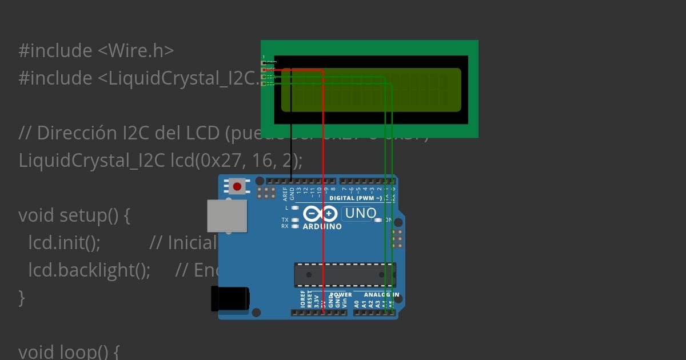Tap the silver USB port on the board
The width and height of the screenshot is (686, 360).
tap(227, 216)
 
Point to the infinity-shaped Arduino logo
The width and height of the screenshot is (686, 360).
tap(320, 214)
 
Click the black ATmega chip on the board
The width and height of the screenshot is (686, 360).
tap(345, 275)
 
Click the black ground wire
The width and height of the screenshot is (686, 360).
tap(291, 126)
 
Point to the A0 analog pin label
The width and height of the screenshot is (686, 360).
tap(357, 303)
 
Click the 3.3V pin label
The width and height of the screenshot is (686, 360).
tap(317, 301)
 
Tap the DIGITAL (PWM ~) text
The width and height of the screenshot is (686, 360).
tap(356, 199)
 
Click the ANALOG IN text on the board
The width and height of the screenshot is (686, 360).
tap(381, 295)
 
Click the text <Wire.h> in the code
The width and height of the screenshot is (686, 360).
tap(135, 51)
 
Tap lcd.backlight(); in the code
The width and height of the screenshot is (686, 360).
tap(89, 270)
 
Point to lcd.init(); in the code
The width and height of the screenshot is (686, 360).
tap(64, 243)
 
